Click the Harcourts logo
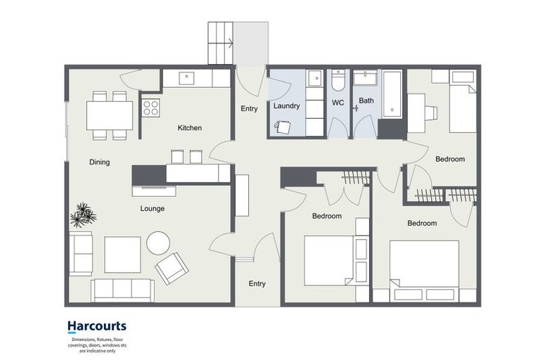click(97, 326)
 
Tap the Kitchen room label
click(190, 128)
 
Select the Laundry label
click(287, 105)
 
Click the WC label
click(337, 103)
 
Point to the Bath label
click(366, 101)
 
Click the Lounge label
click(152, 208)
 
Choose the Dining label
click(100, 162)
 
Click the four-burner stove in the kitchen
click(151, 108)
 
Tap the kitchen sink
click(186, 78)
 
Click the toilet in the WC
click(337, 80)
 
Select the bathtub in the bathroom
click(392, 94)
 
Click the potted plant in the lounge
click(83, 215)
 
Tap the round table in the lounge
click(158, 243)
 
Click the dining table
click(110, 115)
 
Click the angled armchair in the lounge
click(172, 269)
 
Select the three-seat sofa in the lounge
click(122, 290)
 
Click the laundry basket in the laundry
click(283, 127)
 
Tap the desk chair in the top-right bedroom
click(431, 113)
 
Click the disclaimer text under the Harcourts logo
click(98, 345)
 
